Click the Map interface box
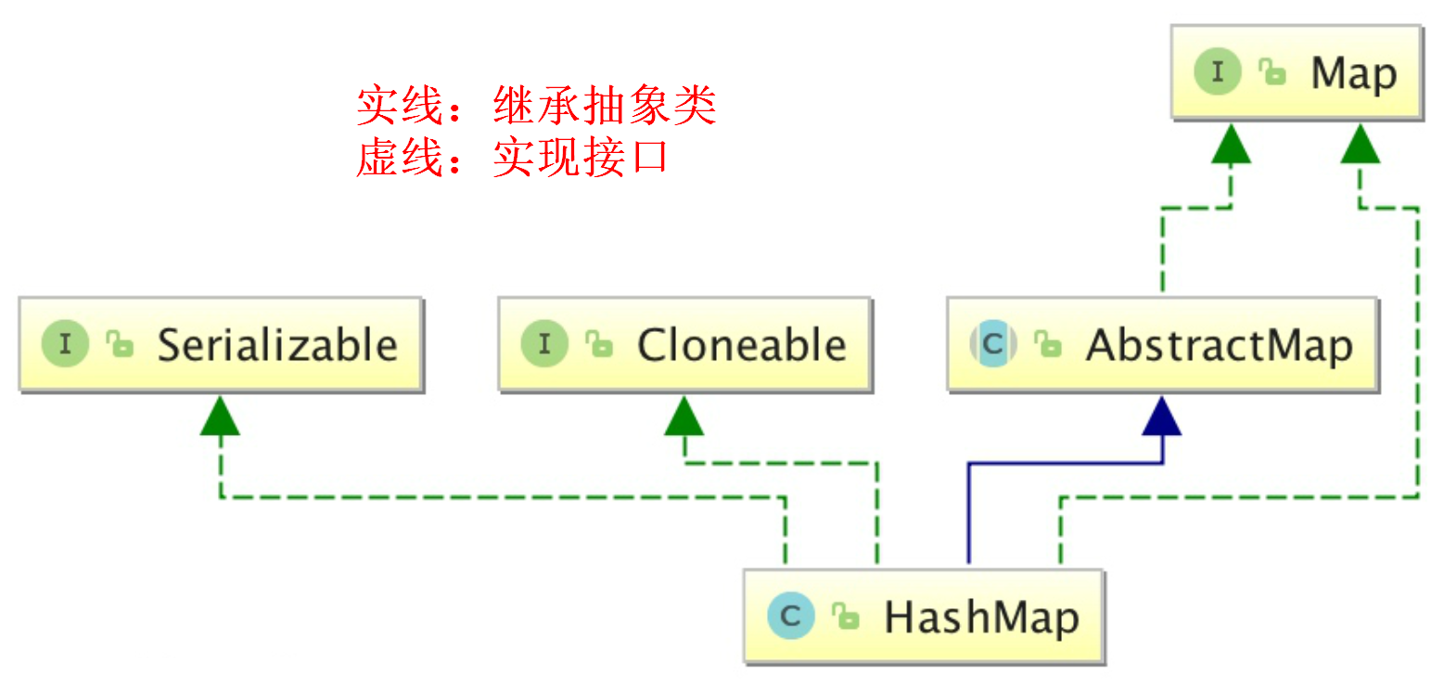coord(1296,73)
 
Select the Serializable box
coord(221,345)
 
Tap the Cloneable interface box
coord(684,345)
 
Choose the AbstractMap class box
coord(1162,345)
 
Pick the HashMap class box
coord(924,616)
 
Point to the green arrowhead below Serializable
coord(221,418)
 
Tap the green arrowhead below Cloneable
coord(684,418)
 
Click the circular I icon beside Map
coord(1217,73)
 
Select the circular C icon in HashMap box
coord(791,616)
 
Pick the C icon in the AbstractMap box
coord(993,345)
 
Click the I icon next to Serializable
coord(65,345)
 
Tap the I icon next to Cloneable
coord(544,345)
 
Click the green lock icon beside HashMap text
coord(845,617)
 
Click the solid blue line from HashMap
coord(968,510)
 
